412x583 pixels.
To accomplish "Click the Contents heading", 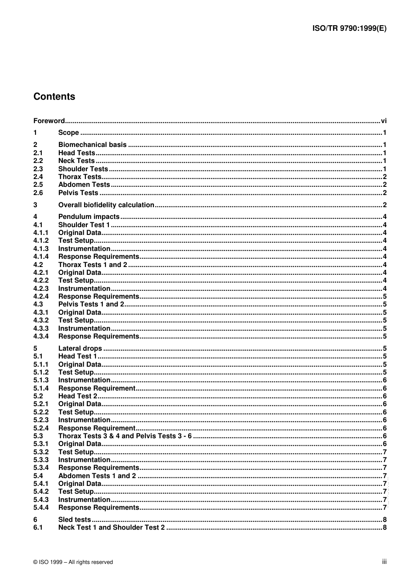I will coord(54,97).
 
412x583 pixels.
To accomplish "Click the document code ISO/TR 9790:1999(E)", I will coord(349,29).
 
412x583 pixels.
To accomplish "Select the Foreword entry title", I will coord(49,121).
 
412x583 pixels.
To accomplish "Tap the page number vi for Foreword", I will coord(383,121).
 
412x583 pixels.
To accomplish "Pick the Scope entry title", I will coord(69,133).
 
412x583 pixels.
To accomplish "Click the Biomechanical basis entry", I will coord(92,145).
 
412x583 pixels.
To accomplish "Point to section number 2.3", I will coord(38,169).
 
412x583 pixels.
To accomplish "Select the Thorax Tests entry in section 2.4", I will coord(80,177).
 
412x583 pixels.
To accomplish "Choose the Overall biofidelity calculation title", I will coord(106,205).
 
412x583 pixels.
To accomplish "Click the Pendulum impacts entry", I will coord(89,217).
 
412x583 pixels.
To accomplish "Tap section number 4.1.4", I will coord(41,257).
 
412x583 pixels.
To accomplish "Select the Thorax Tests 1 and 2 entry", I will coord(93,265).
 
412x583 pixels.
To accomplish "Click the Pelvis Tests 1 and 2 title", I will coord(91,304).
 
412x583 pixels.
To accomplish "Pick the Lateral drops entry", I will coord(80,348).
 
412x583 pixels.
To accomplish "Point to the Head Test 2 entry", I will coord(78,396).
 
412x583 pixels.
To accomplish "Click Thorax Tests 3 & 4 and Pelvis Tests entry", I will coord(125,436).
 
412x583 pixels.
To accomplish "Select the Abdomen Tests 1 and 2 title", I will coord(97,476).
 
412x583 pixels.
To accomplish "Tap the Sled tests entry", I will coord(75,520).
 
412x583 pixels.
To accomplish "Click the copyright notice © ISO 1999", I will coord(73,562).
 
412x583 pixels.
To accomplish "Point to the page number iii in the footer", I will coord(384,562).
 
